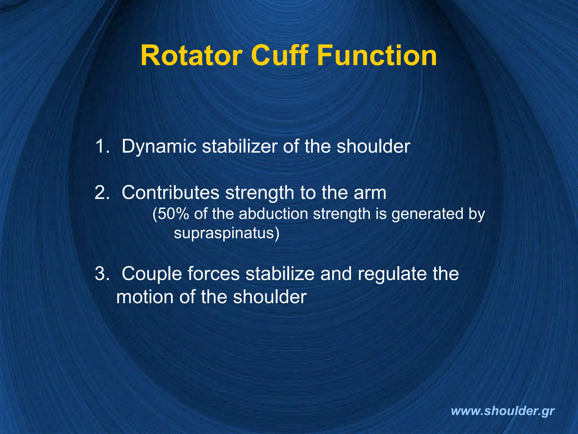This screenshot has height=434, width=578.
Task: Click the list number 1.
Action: (102, 146)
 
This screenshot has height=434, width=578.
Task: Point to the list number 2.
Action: (102, 193)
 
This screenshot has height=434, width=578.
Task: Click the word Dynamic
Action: (159, 147)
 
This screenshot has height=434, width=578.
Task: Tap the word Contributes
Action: (170, 193)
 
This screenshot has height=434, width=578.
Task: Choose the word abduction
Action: (273, 214)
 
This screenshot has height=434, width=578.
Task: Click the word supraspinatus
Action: (225, 234)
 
